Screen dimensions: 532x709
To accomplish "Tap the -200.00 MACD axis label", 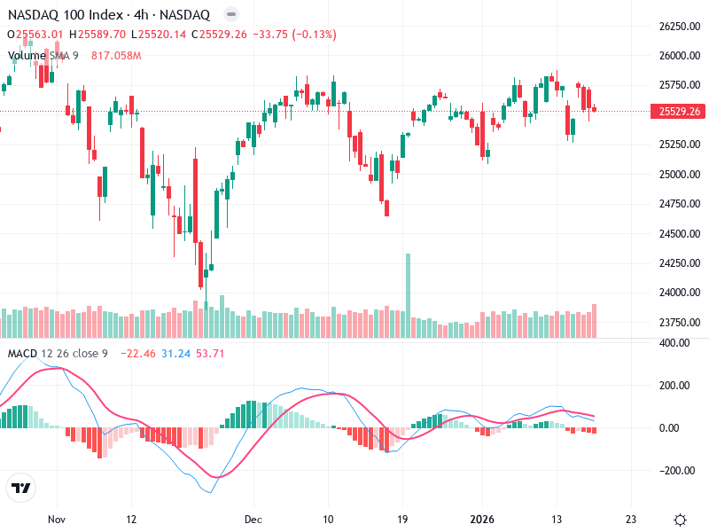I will pos(678,471).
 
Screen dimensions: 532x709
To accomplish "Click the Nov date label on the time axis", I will pos(58,520).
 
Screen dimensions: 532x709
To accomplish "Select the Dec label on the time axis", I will pos(254,520).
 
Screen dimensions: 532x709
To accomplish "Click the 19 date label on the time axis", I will pos(402,520).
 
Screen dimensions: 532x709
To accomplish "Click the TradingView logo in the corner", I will pos(21,488).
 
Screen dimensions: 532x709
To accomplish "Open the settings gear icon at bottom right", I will pos(680,520).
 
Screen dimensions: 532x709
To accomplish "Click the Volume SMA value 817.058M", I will pos(116,56).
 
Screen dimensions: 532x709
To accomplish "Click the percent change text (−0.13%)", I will pos(313,35).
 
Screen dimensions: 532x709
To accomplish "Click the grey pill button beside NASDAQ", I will pos(230,15).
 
